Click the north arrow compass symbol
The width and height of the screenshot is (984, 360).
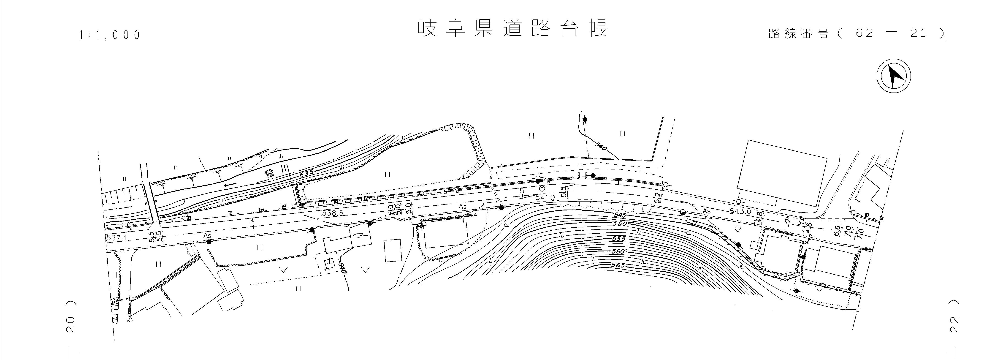[x=893, y=76]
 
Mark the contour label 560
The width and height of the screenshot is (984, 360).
[x=618, y=251]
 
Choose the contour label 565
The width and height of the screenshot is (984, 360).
[x=618, y=265]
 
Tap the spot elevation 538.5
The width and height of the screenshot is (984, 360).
[x=331, y=213]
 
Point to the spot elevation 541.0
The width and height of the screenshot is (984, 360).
[x=545, y=198]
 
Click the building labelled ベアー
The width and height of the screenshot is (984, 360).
[x=360, y=236]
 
